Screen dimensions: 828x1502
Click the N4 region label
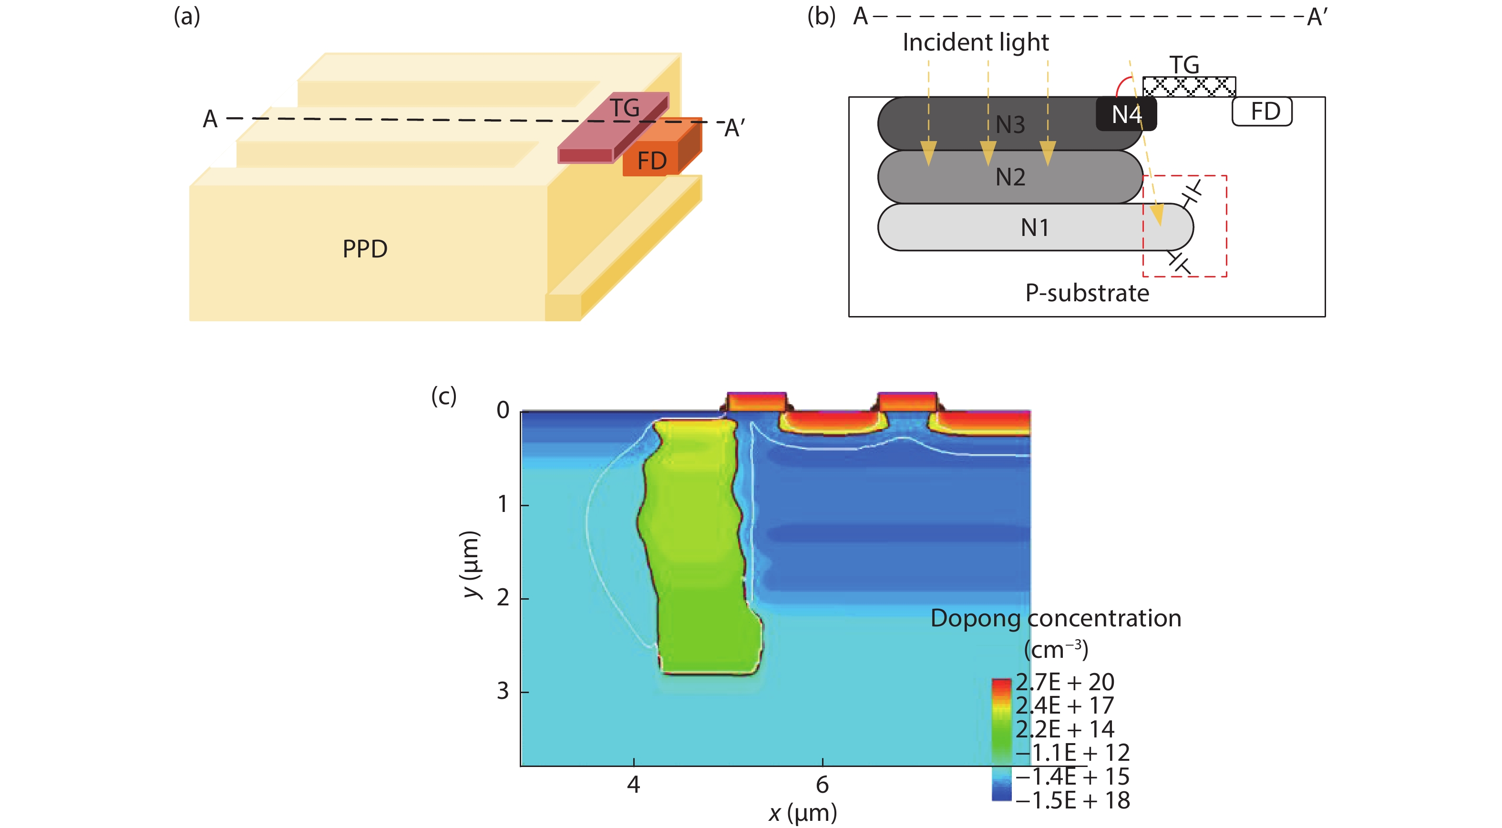[x=1126, y=115]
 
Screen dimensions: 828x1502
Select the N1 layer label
[x=1035, y=227]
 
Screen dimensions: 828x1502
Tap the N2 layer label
[x=1010, y=177]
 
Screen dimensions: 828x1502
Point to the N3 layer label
[x=1010, y=125]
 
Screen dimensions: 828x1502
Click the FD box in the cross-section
[x=1262, y=112]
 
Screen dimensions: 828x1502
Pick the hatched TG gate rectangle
[x=1188, y=87]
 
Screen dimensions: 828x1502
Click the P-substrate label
[x=1087, y=293]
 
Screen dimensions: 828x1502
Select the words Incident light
[x=976, y=42]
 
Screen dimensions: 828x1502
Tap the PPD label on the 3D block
[x=364, y=249]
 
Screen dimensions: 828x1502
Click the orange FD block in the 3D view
[x=651, y=160]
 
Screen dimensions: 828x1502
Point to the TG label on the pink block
[x=625, y=108]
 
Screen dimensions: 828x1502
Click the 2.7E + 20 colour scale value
[x=1065, y=682]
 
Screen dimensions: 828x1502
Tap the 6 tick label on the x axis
[x=822, y=785]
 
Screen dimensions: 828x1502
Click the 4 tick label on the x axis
[x=633, y=785]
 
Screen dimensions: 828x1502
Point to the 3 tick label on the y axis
[x=503, y=692]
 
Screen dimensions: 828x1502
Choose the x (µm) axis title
[x=802, y=813]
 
